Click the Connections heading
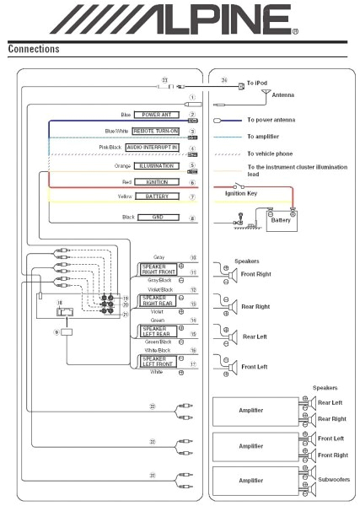(34, 49)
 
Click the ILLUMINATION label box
(157, 165)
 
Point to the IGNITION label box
(157, 180)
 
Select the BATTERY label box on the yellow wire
(157, 196)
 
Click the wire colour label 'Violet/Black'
(159, 290)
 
